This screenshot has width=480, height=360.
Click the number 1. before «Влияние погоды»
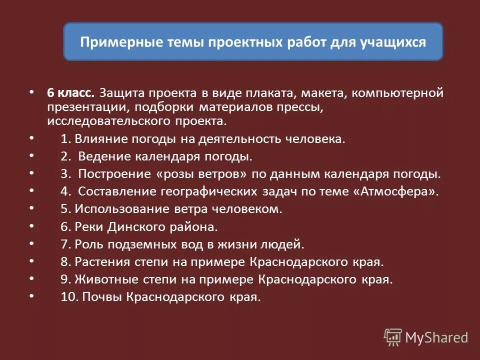pyautogui.click(x=66, y=139)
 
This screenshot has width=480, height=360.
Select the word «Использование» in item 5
pyautogui.click(x=112, y=209)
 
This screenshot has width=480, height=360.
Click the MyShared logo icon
pyautogui.click(x=392, y=337)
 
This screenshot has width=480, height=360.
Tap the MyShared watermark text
pyautogui.click(x=436, y=337)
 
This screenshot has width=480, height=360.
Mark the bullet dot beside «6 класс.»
pyautogui.click(x=32, y=92)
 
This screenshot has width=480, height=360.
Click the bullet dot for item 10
pyautogui.click(x=32, y=295)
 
